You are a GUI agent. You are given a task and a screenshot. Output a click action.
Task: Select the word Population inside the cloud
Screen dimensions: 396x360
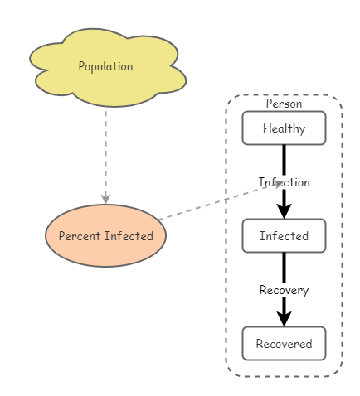[105, 66]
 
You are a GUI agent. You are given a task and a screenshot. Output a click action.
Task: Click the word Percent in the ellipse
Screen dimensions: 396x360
[78, 236]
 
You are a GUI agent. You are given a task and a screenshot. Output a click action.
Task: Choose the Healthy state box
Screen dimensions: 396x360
[284, 128]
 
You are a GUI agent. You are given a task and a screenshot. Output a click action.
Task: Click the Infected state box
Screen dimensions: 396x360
[284, 236]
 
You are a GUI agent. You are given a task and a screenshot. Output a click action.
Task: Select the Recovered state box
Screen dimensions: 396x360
[284, 344]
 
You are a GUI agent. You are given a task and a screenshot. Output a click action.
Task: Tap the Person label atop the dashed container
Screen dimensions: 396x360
[284, 104]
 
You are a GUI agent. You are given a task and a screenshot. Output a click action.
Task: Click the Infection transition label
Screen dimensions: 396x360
[284, 182]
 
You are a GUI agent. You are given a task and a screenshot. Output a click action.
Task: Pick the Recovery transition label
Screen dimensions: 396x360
[284, 290]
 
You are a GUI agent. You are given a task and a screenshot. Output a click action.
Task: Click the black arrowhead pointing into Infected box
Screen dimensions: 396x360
[284, 210]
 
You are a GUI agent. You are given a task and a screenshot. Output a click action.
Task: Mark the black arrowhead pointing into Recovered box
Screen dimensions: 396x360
[284, 318]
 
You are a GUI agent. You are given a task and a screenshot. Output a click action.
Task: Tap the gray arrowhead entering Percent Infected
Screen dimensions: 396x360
[106, 198]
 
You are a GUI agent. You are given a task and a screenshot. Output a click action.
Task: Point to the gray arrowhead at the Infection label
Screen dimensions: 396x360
[278, 184]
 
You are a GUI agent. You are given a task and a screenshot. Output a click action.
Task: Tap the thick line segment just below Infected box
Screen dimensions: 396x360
[284, 267]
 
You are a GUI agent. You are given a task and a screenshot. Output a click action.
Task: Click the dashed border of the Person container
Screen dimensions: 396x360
[226, 249]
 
